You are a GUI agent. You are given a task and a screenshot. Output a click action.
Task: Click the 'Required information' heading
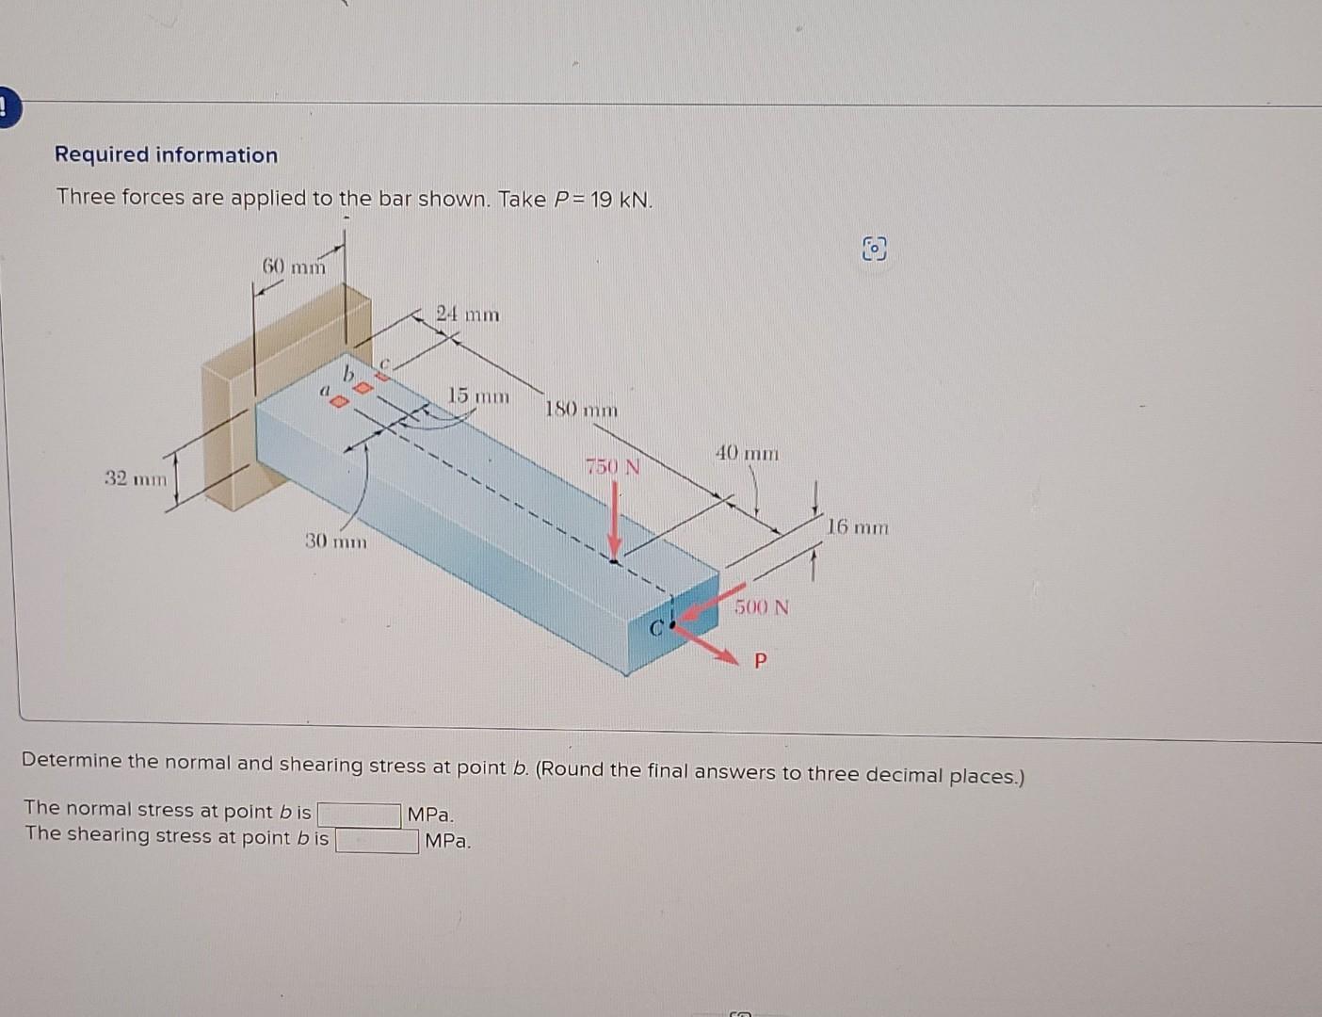click(166, 155)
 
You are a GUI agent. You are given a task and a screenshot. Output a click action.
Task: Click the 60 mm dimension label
click(293, 266)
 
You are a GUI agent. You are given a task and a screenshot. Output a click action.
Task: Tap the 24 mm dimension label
click(468, 314)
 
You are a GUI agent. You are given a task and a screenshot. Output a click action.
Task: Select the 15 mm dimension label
click(477, 395)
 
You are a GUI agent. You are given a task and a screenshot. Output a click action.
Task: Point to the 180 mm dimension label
click(582, 410)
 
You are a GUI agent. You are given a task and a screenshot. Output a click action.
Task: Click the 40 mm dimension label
click(747, 453)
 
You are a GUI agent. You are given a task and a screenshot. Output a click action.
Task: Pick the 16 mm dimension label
click(857, 526)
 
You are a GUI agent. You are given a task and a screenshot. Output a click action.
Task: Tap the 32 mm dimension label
click(136, 478)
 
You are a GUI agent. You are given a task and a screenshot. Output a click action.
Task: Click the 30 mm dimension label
click(336, 541)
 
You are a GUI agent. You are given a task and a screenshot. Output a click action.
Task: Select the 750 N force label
click(612, 466)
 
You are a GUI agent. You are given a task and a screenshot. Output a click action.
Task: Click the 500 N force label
click(762, 607)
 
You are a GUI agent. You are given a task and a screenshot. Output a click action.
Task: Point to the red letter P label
click(761, 661)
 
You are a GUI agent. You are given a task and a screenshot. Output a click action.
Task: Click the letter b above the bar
click(347, 375)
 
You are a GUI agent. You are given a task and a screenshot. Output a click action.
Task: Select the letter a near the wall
click(325, 388)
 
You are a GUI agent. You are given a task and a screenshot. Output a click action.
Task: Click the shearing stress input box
click(378, 840)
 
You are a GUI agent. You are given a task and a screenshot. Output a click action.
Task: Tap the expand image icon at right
click(874, 250)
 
